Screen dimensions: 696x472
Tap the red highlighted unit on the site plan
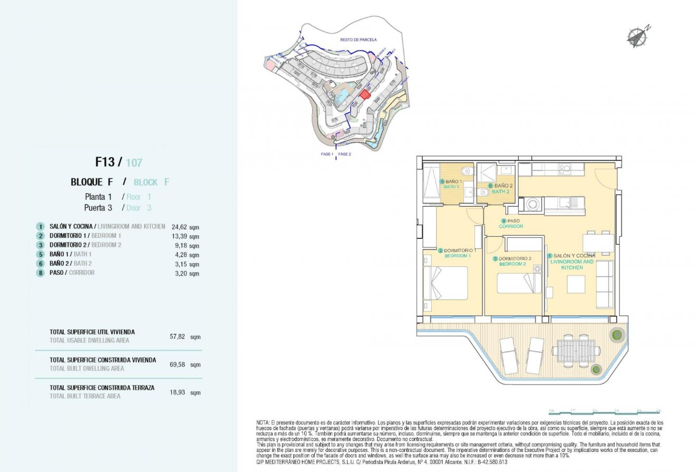(364, 93)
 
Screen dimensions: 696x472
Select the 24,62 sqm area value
(179, 227)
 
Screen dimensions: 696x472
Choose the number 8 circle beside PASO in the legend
(40, 273)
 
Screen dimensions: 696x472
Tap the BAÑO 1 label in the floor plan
(451, 184)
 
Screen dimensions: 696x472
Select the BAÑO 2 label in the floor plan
(500, 188)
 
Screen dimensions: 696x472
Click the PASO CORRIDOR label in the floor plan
(511, 224)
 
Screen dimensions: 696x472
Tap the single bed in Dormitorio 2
(519, 283)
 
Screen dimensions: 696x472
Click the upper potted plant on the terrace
(616, 334)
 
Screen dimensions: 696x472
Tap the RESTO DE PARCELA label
(359, 40)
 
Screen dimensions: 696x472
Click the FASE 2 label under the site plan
(344, 154)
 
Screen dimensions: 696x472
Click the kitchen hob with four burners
(564, 170)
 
